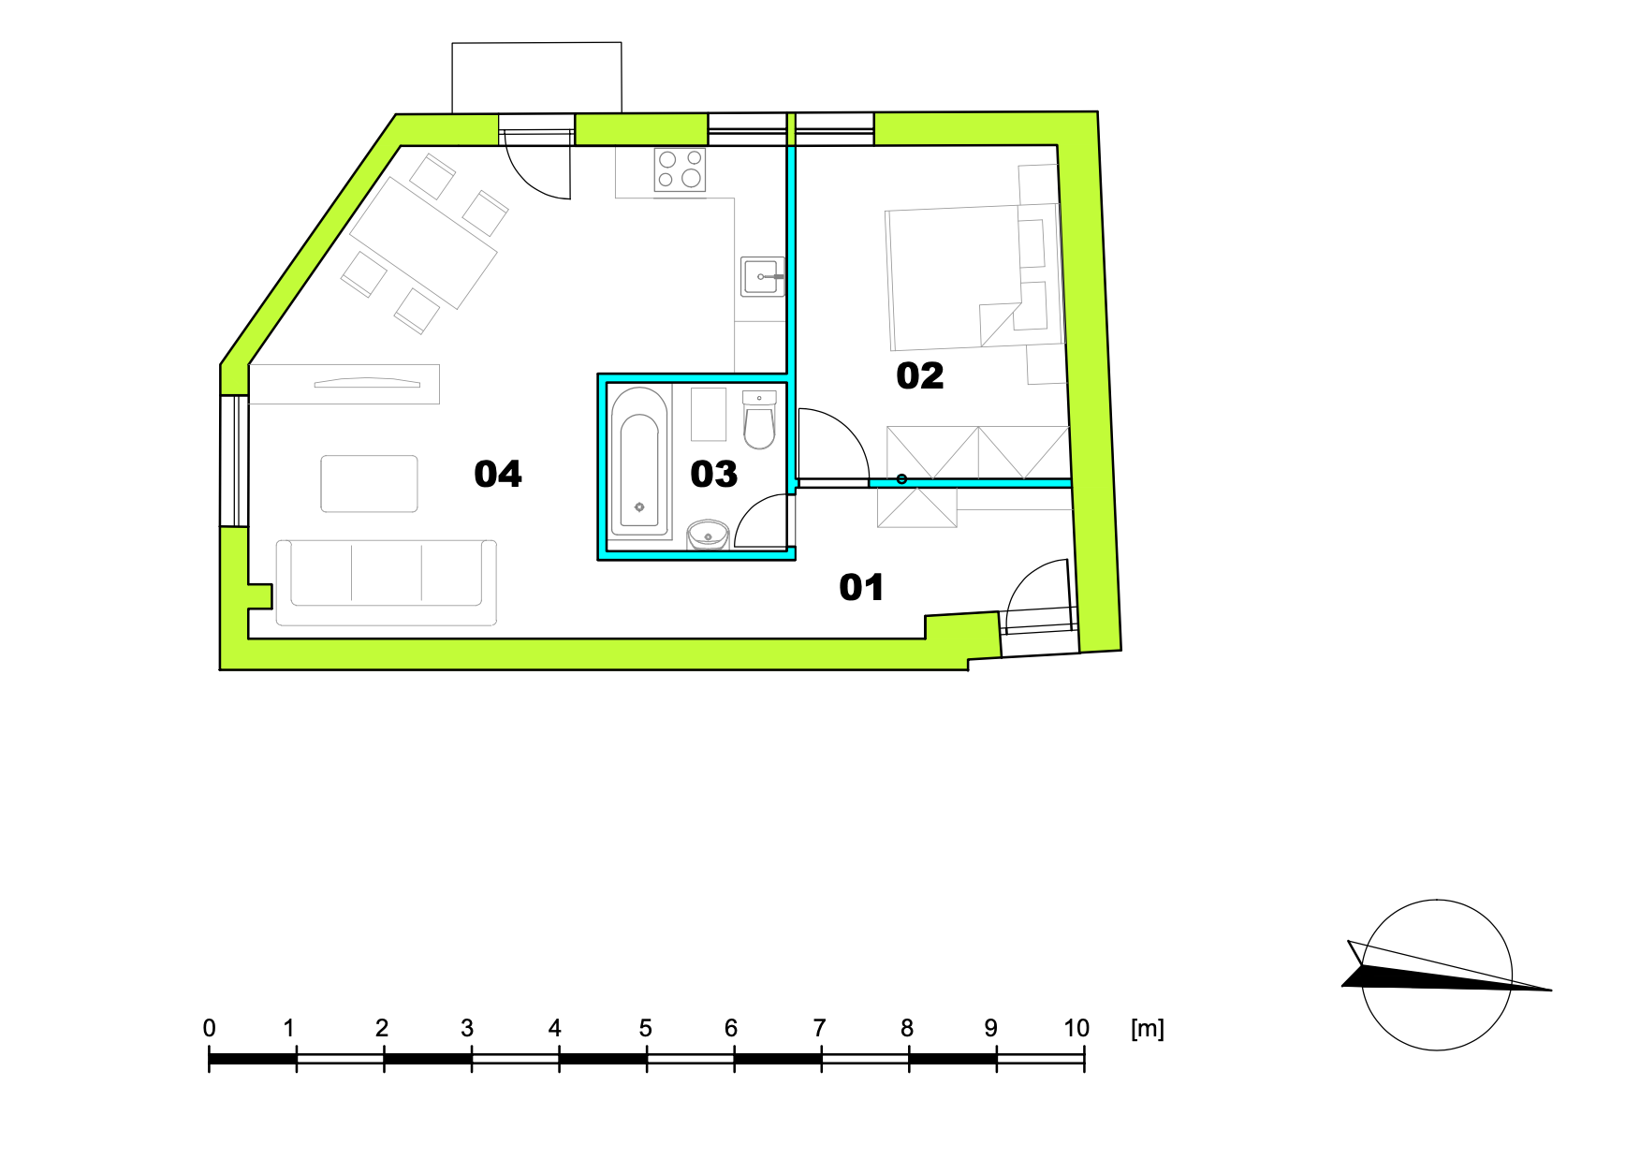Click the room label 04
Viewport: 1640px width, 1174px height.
point(498,475)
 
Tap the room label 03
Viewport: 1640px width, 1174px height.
point(714,475)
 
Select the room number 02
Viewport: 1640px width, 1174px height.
point(920,376)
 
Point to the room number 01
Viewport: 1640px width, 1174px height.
point(861,588)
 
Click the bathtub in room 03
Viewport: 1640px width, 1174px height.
point(640,462)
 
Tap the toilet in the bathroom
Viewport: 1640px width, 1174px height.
point(759,420)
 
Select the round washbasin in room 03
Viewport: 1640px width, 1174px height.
point(708,536)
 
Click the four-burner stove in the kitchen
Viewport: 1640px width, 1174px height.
point(680,169)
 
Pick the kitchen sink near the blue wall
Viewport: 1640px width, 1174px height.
point(763,276)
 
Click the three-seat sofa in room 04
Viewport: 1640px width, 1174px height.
point(386,582)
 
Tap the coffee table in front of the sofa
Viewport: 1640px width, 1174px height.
point(370,484)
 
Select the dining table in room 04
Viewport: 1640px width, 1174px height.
point(423,242)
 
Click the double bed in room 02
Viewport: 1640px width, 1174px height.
point(974,277)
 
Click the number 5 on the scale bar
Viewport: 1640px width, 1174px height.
point(645,1028)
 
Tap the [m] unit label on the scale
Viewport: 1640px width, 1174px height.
point(1148,1028)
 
